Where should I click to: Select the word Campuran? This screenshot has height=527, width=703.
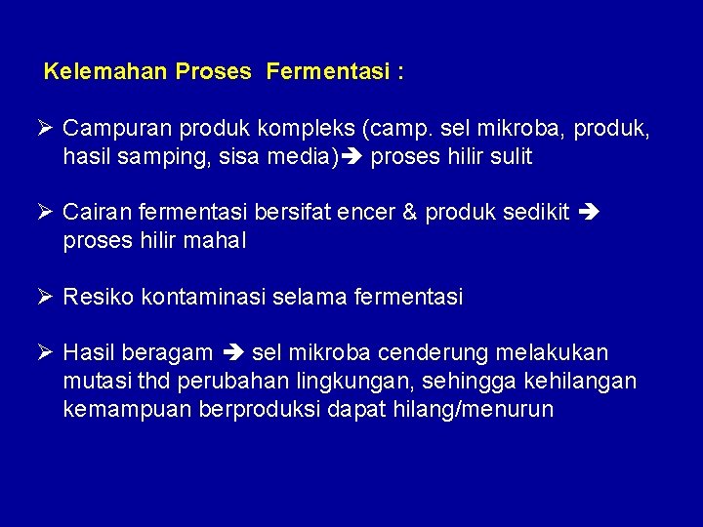tap(109, 129)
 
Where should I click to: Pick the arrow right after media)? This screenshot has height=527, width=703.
tap(354, 157)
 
